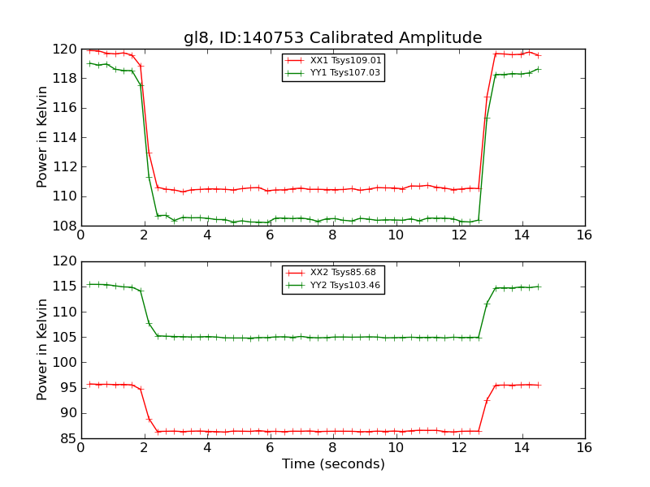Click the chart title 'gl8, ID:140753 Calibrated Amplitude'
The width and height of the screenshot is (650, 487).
click(332, 37)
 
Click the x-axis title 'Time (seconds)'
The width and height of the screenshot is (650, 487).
click(333, 464)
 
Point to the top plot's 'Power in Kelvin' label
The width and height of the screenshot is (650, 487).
click(42, 137)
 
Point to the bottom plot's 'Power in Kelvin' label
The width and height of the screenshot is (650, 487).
click(42, 350)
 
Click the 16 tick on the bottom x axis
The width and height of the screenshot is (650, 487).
click(584, 448)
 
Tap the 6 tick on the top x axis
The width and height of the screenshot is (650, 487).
click(270, 235)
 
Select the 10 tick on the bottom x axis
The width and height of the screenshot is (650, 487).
click(396, 448)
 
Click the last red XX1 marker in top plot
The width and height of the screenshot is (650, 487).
click(538, 55)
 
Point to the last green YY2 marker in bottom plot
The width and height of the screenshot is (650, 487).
click(538, 287)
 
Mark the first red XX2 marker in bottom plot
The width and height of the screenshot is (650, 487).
click(89, 384)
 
